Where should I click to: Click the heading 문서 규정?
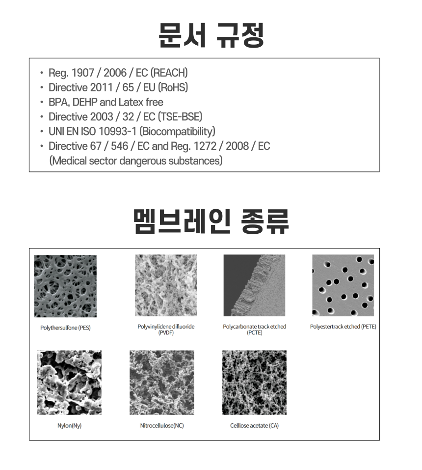click(211, 34)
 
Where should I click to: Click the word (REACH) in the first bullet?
click(169, 73)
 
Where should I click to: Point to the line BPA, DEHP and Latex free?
click(105, 102)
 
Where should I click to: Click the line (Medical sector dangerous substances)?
click(136, 161)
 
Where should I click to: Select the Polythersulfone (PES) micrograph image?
click(65, 286)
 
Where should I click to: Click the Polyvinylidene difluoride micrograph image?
click(166, 285)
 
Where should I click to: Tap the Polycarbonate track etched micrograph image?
click(255, 285)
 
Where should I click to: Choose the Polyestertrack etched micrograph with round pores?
click(343, 285)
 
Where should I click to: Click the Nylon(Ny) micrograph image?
click(69, 382)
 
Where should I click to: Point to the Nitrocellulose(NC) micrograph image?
click(162, 382)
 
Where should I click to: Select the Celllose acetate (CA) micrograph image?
click(254, 382)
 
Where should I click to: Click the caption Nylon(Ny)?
click(69, 425)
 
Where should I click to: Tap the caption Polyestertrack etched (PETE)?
click(343, 327)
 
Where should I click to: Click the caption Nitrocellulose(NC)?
click(162, 425)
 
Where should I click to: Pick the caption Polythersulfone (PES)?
click(65, 328)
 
